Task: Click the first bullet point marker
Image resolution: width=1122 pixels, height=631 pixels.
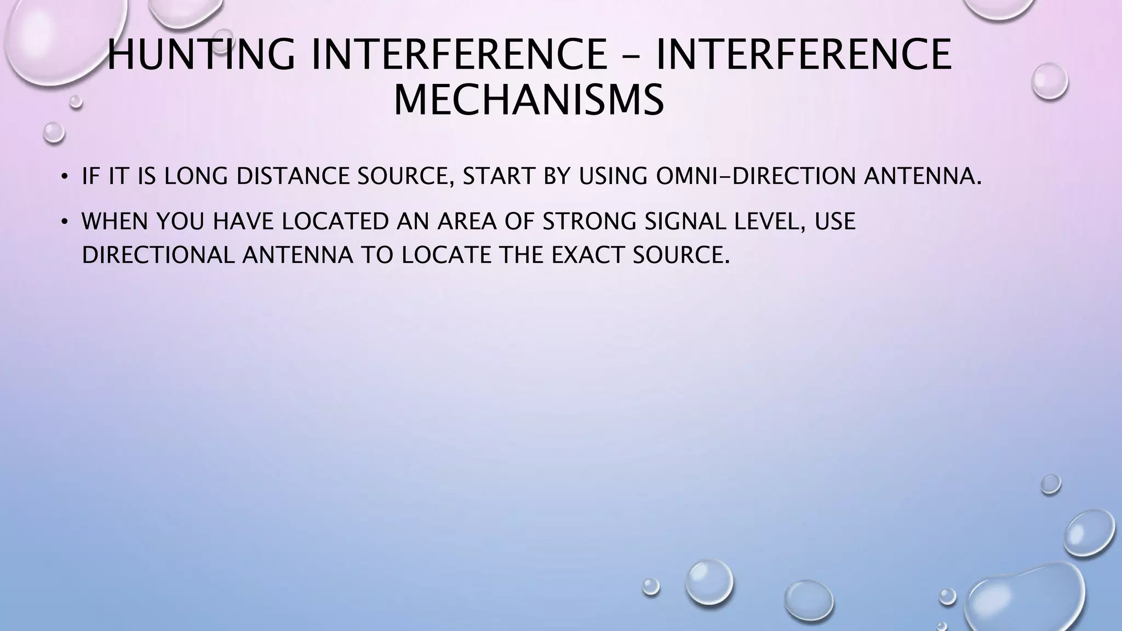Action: (64, 176)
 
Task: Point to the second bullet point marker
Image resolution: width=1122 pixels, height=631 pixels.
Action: (64, 222)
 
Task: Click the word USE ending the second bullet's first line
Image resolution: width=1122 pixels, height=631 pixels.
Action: (835, 221)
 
